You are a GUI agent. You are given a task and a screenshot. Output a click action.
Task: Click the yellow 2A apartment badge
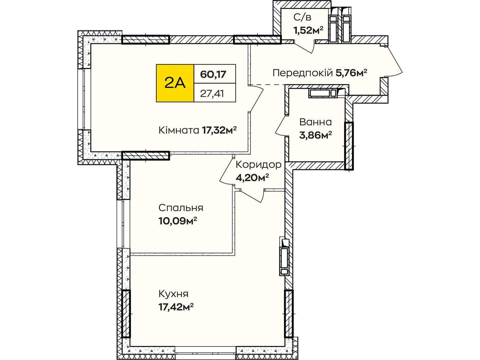tap(175, 83)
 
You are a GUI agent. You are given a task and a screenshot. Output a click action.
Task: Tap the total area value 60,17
tap(213, 74)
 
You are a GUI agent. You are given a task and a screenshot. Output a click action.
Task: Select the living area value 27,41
tap(212, 94)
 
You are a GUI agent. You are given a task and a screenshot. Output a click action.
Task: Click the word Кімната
tap(179, 130)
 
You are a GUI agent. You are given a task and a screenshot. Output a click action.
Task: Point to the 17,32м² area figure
tap(219, 130)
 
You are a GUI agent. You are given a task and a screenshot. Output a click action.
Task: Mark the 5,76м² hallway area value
tap(351, 73)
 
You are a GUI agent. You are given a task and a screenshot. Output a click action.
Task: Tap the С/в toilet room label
tap(302, 17)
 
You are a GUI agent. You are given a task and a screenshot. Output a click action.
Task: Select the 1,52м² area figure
tap(308, 30)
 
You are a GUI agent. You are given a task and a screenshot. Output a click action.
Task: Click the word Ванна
tap(315, 122)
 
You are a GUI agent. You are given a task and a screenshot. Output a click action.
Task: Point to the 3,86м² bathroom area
tap(315, 135)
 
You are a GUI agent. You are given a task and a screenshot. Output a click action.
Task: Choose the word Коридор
tap(259, 165)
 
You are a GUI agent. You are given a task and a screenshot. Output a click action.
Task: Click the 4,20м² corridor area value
tap(252, 178)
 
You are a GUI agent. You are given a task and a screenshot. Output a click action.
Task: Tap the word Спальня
tap(181, 208)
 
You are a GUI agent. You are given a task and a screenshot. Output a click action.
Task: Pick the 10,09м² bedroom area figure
tap(178, 221)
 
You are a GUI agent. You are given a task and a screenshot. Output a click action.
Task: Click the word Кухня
tap(173, 294)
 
